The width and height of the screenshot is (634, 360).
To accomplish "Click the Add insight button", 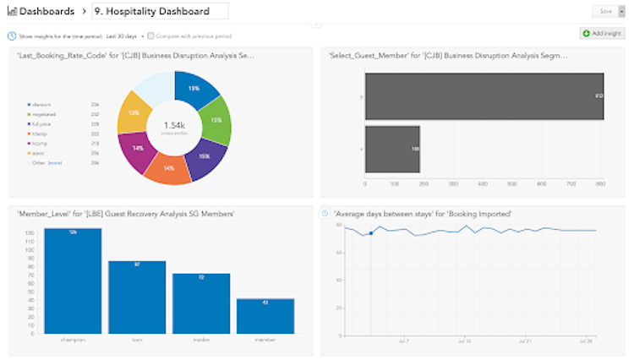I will point(602,34).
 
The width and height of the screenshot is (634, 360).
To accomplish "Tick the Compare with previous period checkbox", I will point(150,36).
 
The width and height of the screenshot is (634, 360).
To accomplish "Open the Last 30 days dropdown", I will point(124,36).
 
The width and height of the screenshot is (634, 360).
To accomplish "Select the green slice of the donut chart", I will point(217,118).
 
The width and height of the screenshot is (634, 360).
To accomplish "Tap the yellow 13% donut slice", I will point(134,112).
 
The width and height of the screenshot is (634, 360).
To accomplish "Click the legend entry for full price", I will point(40,123).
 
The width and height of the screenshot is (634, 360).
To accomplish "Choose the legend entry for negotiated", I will point(42,114).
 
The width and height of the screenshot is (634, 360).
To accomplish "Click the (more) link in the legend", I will point(55,162).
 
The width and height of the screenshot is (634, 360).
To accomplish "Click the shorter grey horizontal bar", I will point(392,149).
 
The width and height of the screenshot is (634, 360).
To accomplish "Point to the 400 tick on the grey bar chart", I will point(484,183).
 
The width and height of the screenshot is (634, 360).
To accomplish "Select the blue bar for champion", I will point(73,280).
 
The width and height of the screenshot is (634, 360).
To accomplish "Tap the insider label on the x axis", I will point(201,339).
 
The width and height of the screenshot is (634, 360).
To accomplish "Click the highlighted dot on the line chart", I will point(371,233).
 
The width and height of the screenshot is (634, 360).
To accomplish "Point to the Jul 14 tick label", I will point(464,341).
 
